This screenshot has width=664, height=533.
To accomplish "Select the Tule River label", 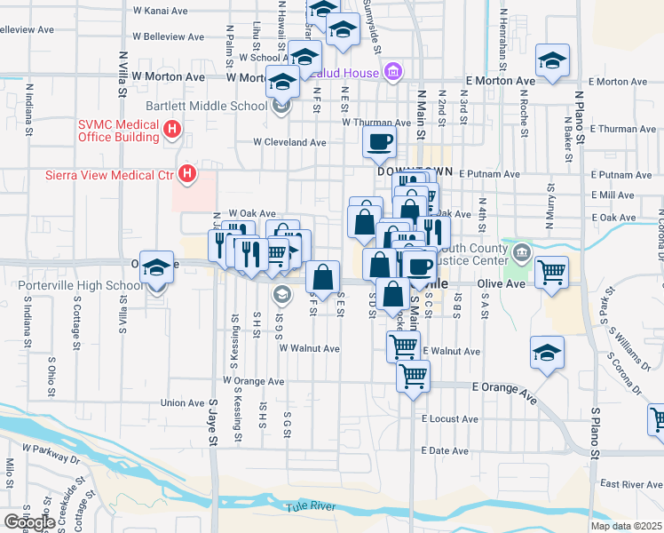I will point(309,506).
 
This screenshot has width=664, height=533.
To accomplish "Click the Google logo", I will point(28,522).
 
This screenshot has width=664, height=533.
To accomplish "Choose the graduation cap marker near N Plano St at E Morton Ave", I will point(553,61).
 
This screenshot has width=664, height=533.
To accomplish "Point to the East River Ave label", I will point(631,484).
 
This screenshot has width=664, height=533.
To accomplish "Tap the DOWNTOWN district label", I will point(415,171).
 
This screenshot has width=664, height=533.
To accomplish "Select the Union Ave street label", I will point(182,402).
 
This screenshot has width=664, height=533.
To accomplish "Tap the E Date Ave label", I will point(445,451).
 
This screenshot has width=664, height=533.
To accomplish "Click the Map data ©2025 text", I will point(627,526).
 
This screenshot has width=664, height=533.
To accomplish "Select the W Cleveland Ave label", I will point(289,142).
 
